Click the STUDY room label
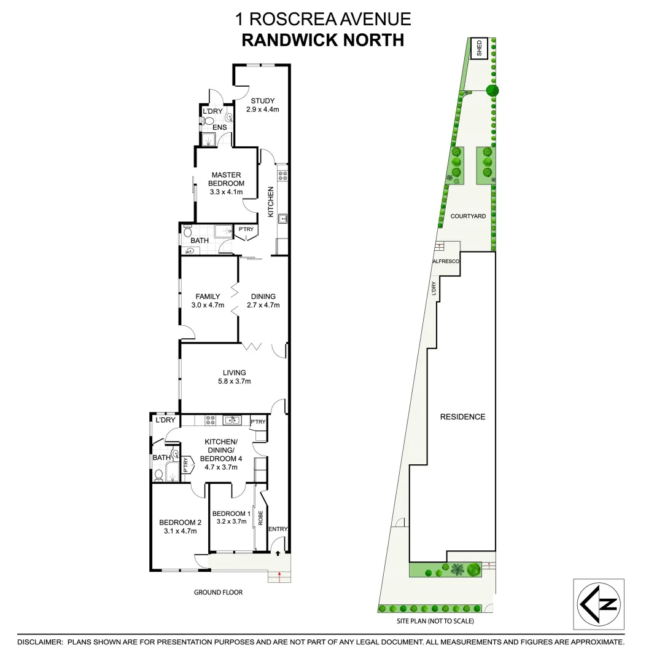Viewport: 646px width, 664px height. [262, 101]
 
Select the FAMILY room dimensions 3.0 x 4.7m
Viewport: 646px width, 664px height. [208, 305]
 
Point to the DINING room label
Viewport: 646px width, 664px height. [263, 296]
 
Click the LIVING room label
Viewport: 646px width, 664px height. [235, 373]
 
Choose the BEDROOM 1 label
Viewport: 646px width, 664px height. [232, 513]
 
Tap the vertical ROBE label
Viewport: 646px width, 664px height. [260, 518]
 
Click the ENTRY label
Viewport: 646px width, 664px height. [278, 529]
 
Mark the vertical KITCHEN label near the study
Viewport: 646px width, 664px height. [270, 201]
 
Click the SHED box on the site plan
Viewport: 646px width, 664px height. [480, 48]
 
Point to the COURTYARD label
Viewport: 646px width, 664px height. [468, 216]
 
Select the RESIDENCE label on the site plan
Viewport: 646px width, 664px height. [462, 417]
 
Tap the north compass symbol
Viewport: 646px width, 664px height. [599, 604]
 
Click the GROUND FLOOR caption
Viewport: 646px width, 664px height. [218, 593]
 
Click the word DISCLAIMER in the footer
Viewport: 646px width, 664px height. [40, 642]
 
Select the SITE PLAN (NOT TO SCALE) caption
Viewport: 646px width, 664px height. [435, 621]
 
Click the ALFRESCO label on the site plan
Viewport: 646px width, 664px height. [446, 262]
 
